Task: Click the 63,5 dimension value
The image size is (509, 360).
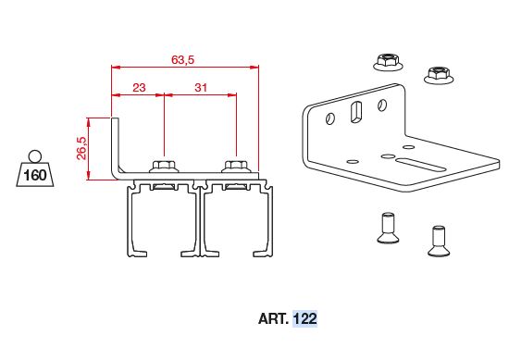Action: click(x=182, y=60)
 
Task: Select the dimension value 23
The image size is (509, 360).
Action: click(x=139, y=88)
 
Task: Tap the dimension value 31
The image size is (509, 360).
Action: click(x=201, y=88)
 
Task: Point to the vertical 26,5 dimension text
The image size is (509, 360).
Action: click(x=81, y=148)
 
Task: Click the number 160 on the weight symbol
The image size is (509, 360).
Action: click(x=35, y=176)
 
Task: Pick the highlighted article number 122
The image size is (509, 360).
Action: click(x=304, y=318)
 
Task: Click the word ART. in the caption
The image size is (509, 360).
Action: click(x=273, y=318)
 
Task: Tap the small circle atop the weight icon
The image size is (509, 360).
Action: click(x=35, y=156)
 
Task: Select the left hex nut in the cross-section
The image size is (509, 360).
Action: click(x=164, y=167)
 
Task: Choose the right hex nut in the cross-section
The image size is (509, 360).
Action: click(x=236, y=167)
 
